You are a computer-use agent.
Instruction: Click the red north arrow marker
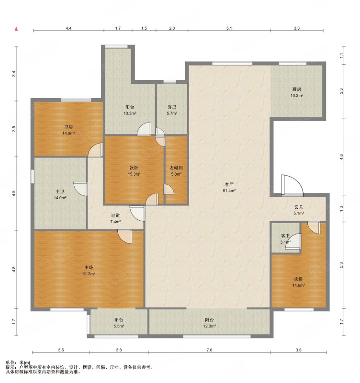click(x=16, y=29)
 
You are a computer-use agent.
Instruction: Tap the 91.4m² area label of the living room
click(x=229, y=191)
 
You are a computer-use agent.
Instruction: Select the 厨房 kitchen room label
click(x=296, y=89)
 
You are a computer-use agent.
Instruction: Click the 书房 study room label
click(x=68, y=127)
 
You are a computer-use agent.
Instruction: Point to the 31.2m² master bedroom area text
click(x=89, y=274)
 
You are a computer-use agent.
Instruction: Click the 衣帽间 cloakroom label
click(x=176, y=168)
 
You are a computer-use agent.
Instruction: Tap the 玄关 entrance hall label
click(x=298, y=207)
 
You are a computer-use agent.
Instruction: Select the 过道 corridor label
click(x=115, y=216)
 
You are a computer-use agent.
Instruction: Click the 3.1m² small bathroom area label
click(x=285, y=242)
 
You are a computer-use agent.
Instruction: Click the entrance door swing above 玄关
click(x=292, y=185)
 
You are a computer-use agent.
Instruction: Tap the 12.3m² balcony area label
click(x=210, y=326)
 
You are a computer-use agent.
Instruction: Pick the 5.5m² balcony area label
click(x=119, y=326)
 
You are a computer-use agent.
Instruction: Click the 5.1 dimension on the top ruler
click(x=229, y=28)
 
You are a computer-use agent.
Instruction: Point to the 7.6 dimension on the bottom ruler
click(x=210, y=350)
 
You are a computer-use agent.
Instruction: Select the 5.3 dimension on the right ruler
click(x=341, y=265)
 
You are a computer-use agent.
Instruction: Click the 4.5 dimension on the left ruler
click(x=14, y=193)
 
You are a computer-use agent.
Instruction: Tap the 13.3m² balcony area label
click(x=130, y=113)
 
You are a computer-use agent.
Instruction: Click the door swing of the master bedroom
click(x=124, y=237)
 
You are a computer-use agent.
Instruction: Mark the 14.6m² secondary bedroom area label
click(x=299, y=285)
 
